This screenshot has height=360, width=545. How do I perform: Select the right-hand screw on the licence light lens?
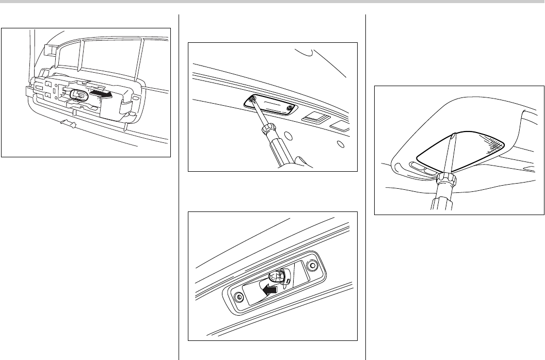tap(290, 108)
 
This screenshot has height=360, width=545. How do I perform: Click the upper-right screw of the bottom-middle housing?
tap(311, 266)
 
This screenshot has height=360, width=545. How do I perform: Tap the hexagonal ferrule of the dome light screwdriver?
tap(445, 181)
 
